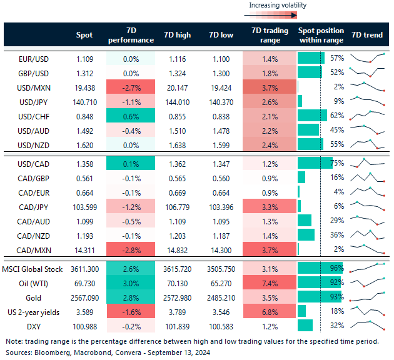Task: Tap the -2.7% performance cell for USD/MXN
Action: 130,87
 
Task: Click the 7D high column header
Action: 177,35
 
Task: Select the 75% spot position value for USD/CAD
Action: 337,163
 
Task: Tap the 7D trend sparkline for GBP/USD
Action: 367,72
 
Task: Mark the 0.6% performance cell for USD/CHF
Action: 130,116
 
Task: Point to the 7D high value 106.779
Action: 177,206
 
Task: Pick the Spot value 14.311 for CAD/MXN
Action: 84,249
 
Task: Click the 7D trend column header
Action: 367,35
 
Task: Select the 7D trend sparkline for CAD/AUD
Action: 367,221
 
